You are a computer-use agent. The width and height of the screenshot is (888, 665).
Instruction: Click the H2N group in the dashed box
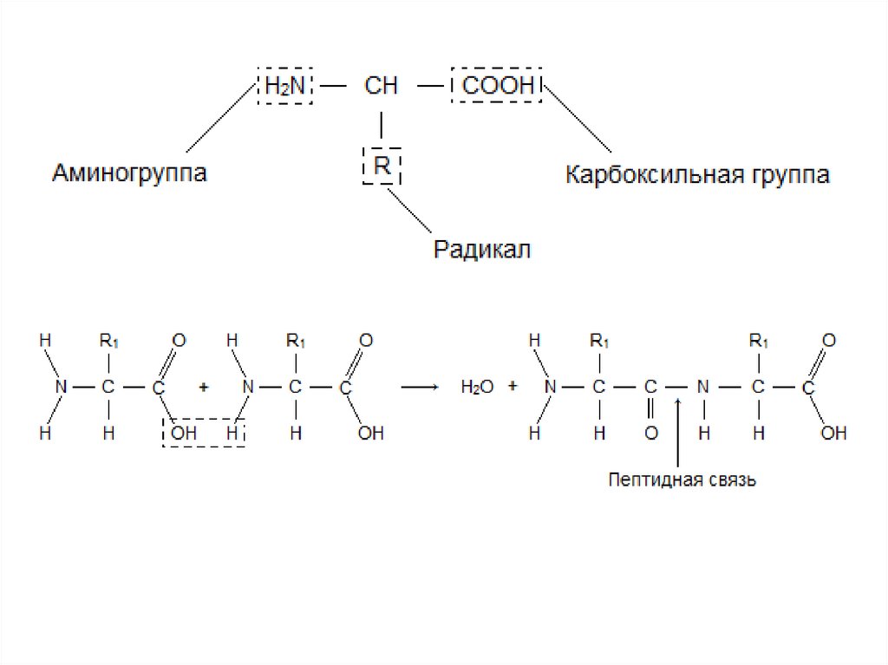point(284,86)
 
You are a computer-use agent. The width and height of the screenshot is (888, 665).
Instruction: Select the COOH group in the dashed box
point(496,86)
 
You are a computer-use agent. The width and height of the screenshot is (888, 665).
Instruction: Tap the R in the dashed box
point(382,165)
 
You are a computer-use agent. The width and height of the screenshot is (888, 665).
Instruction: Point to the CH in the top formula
point(381,86)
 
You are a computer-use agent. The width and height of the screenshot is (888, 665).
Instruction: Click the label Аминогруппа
point(129,173)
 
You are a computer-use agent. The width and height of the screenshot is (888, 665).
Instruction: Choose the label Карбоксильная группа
point(697,175)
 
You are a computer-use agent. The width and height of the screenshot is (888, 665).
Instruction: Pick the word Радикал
point(481,251)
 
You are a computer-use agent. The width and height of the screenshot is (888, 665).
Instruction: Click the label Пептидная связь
point(682,479)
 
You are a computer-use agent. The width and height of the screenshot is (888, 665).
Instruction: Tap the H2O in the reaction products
point(476,388)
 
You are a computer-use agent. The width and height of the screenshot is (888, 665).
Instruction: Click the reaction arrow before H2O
point(419,387)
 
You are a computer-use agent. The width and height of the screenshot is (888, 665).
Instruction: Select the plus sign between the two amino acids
point(204,388)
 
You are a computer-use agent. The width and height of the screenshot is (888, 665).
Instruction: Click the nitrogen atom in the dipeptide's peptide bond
point(704,388)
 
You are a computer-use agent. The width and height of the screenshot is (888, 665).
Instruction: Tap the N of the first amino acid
point(60,388)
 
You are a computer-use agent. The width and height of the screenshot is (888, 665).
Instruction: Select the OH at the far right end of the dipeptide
point(832,433)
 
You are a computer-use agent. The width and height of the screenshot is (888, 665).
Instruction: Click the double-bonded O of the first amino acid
point(179,341)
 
